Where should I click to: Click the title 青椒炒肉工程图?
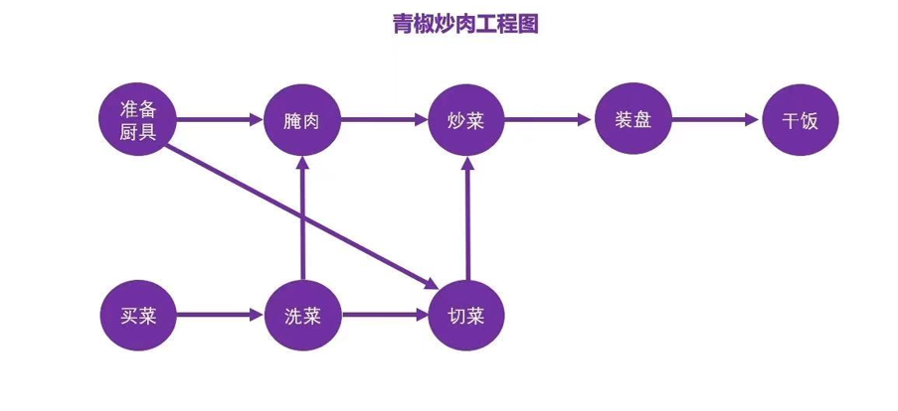coord(464,25)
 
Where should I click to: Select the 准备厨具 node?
coord(137,120)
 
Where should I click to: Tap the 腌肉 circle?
coord(301,120)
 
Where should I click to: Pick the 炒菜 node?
coord(468,120)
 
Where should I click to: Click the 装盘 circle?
coord(633,120)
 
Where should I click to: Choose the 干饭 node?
coord(800,120)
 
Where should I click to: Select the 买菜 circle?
coord(137,318)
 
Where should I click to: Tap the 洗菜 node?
coord(301,318)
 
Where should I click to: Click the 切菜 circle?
coord(467,318)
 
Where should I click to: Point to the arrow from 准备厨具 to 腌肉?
coord(219,120)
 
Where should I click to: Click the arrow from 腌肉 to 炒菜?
coord(384,120)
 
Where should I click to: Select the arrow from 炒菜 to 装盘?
coord(550,120)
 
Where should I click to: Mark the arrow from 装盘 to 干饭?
coord(716,120)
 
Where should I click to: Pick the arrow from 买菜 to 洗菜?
coord(219,318)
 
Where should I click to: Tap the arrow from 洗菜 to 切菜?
coord(384,318)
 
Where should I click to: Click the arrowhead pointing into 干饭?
coord(754,120)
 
